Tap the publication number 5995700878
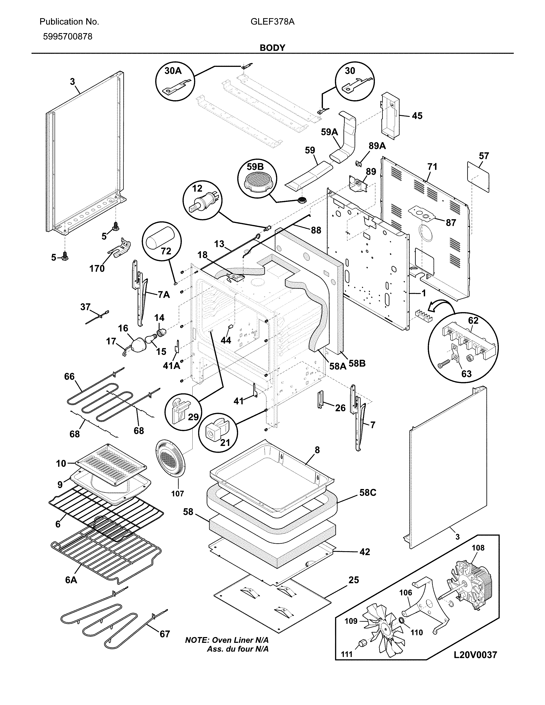pos(68,37)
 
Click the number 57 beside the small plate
pos(484,156)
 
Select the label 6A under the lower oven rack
pos(71,580)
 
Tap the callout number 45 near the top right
pos(417,116)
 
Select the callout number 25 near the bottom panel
pos(354,580)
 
